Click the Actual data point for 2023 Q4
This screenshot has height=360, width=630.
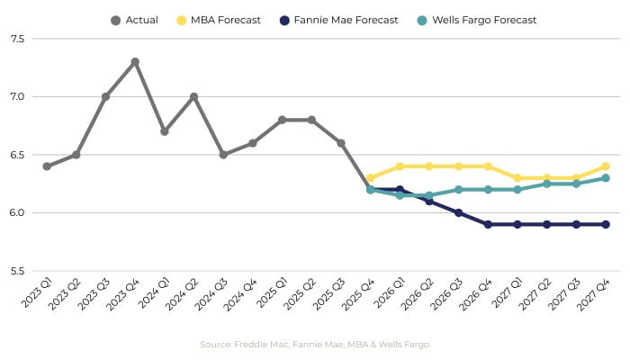(135, 62)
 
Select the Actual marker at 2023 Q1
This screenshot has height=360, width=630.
(47, 166)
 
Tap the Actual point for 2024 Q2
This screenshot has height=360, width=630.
(193, 96)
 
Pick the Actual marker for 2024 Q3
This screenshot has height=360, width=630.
(223, 155)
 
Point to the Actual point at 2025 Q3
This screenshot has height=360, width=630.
(341, 143)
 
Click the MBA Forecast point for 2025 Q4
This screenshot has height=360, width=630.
(370, 178)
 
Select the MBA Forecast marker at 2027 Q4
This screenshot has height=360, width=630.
(606, 166)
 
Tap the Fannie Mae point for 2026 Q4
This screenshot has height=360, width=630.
(488, 224)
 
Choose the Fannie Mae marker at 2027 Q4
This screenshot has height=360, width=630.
(606, 224)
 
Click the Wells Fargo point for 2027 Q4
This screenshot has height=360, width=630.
(606, 178)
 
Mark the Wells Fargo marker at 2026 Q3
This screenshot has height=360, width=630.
(458, 190)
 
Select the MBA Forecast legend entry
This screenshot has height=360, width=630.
(220, 20)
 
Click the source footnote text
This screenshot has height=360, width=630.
(314, 345)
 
